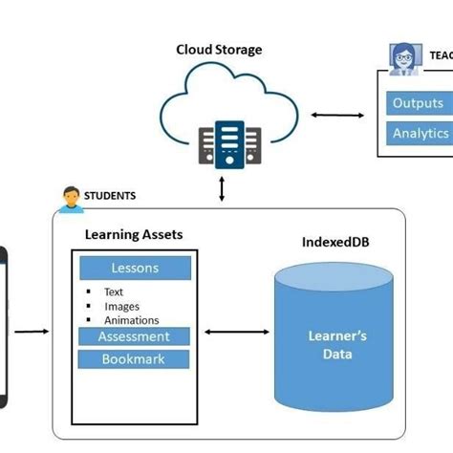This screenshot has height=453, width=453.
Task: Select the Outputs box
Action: (x=418, y=103)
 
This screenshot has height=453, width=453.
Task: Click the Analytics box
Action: (x=420, y=134)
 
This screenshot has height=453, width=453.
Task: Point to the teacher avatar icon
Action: (x=401, y=56)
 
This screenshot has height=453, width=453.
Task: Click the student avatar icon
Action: (x=68, y=199)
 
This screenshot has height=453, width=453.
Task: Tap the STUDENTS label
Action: (x=110, y=196)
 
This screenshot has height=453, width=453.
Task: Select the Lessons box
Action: (x=135, y=269)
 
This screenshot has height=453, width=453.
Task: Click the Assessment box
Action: (x=135, y=336)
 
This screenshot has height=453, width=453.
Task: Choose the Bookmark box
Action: (x=135, y=359)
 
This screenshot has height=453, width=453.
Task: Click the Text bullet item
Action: (x=114, y=292)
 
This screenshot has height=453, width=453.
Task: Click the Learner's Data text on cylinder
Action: (x=336, y=345)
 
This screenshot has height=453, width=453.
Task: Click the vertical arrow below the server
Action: (x=223, y=187)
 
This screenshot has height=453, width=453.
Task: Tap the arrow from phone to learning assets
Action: (x=32, y=332)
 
